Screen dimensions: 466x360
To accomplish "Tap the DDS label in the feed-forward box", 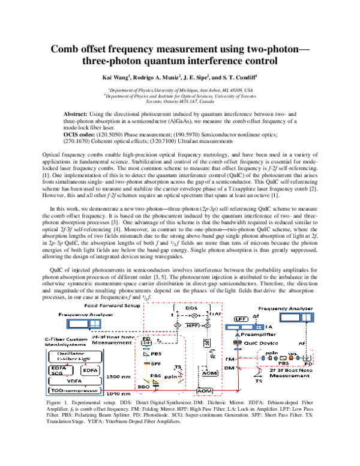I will coord(192,307).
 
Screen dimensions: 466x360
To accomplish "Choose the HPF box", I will coord(192,325).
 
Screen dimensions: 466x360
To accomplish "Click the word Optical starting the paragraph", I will coord(52,155).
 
